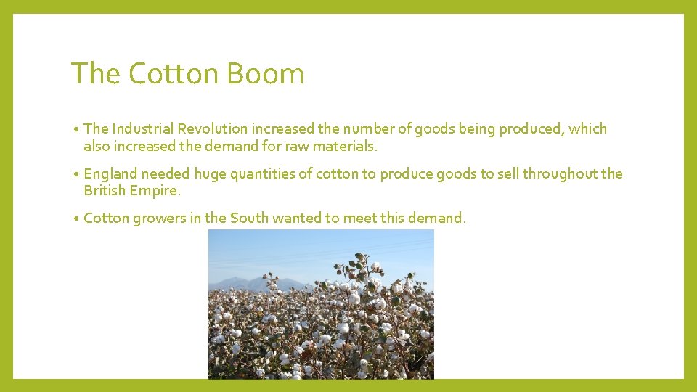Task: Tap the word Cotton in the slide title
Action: (174, 74)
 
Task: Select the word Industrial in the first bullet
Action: (143, 129)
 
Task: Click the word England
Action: (110, 174)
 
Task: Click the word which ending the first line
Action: (588, 129)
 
